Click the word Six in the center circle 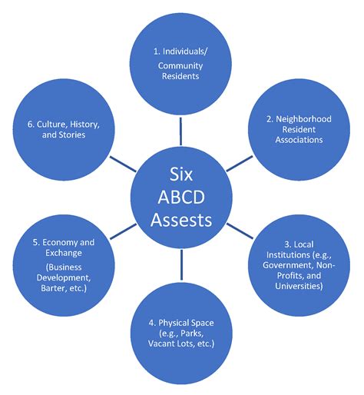click(181, 174)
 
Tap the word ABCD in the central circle click(181, 197)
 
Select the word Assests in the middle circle click(181, 220)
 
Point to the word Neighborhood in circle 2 click(303, 119)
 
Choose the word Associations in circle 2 click(299, 140)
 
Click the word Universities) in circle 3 click(299, 286)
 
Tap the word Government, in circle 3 click(288, 265)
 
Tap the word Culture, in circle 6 click(52, 124)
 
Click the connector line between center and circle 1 click(180, 131)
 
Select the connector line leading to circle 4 click(181, 265)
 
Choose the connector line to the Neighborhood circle click(240, 164)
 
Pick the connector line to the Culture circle click(123, 164)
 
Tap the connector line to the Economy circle click(124, 231)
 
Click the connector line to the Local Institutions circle click(240, 231)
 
